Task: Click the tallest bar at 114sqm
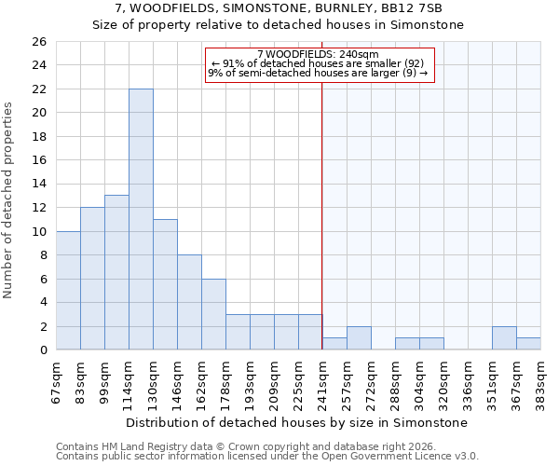click(x=141, y=219)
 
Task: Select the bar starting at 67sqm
click(x=68, y=290)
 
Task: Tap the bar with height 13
click(x=116, y=272)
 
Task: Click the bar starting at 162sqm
click(x=213, y=314)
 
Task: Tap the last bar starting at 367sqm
click(x=528, y=344)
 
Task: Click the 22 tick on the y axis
click(x=39, y=89)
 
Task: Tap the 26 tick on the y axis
click(x=39, y=42)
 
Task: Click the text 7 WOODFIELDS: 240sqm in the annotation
click(x=318, y=55)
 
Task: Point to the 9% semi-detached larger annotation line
click(x=318, y=73)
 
